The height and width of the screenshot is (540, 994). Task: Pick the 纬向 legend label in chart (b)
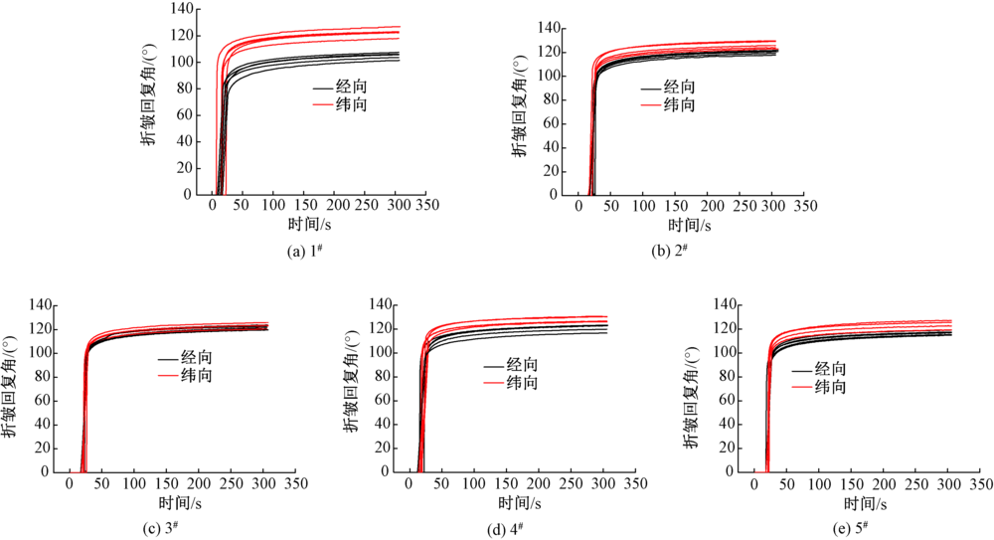click(x=680, y=104)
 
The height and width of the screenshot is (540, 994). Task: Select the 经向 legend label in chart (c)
click(x=198, y=359)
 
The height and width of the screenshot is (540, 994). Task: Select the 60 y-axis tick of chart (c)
click(x=40, y=401)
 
